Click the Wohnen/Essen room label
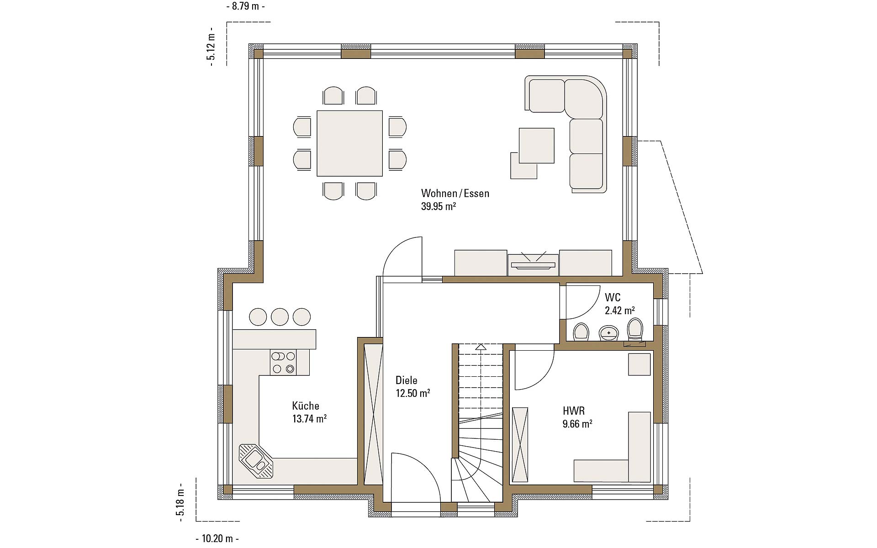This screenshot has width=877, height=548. click(x=455, y=193)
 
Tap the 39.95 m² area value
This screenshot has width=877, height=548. click(x=438, y=206)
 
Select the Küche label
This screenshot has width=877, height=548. click(x=306, y=406)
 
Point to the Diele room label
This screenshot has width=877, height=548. click(x=407, y=380)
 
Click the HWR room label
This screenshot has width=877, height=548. click(x=574, y=411)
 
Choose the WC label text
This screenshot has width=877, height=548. click(x=613, y=298)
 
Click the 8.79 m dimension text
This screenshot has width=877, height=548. click(x=245, y=6)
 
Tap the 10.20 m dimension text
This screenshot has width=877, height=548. click(x=217, y=538)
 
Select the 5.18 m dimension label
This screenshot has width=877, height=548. click(x=180, y=502)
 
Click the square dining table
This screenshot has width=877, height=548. click(x=350, y=143)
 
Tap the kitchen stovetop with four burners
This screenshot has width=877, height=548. click(x=283, y=363)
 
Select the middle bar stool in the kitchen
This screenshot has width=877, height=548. click(x=280, y=316)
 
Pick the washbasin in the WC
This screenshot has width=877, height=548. click(x=608, y=333)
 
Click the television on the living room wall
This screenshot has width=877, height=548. click(x=533, y=264)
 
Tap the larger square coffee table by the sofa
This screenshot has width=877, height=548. click(x=537, y=145)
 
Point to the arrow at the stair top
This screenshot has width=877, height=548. click(x=481, y=347)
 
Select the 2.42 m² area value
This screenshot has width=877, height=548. click(x=620, y=311)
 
